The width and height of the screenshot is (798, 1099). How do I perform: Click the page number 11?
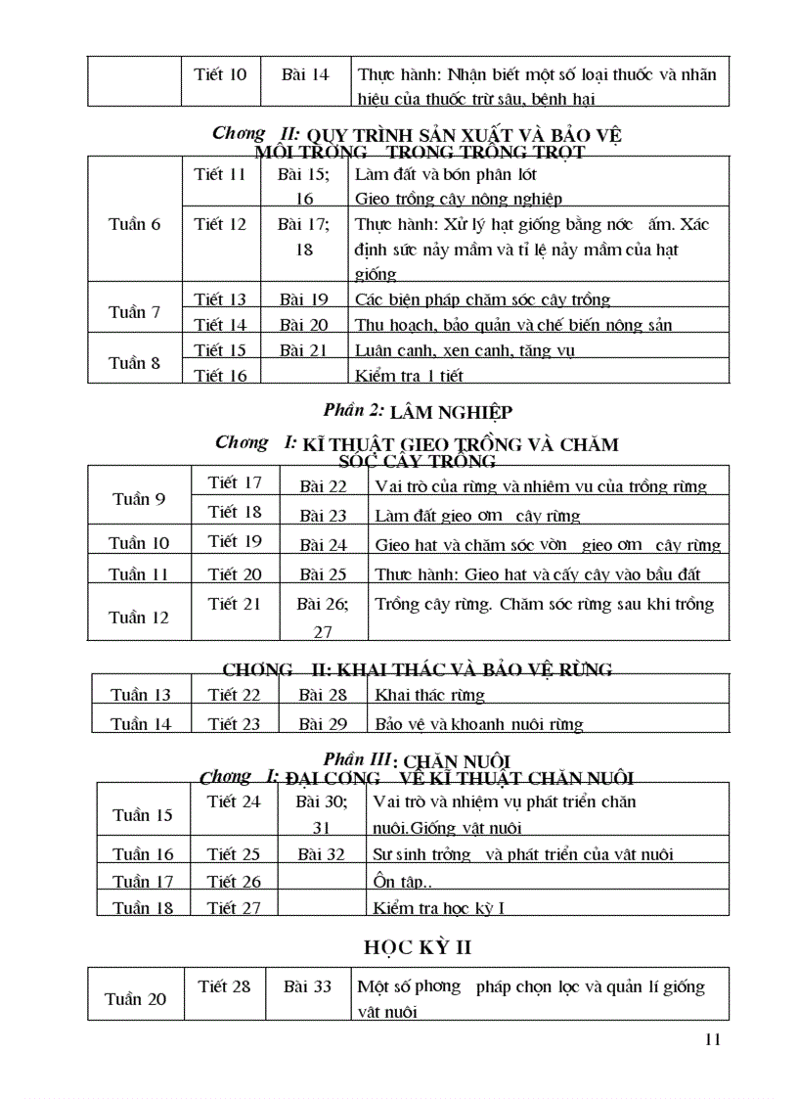(712, 1039)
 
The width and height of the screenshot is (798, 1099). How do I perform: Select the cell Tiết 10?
(221, 74)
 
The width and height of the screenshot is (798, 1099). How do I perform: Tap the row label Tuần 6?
(135, 224)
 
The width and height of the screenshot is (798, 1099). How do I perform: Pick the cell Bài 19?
(304, 299)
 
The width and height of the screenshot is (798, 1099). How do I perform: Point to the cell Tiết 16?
(221, 375)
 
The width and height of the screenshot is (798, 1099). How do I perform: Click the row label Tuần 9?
(139, 499)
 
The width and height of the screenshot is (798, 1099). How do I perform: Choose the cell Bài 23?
(324, 516)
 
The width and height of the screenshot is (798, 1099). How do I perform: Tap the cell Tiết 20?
(236, 574)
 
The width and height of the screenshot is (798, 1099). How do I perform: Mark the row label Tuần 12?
(140, 618)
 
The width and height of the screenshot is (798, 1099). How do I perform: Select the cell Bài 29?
(324, 724)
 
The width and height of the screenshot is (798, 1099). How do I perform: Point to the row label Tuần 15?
(143, 815)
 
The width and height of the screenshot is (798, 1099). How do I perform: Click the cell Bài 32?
(322, 854)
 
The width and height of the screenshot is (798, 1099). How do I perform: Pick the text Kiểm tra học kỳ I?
(439, 908)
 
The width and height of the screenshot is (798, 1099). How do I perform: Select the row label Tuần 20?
(135, 999)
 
